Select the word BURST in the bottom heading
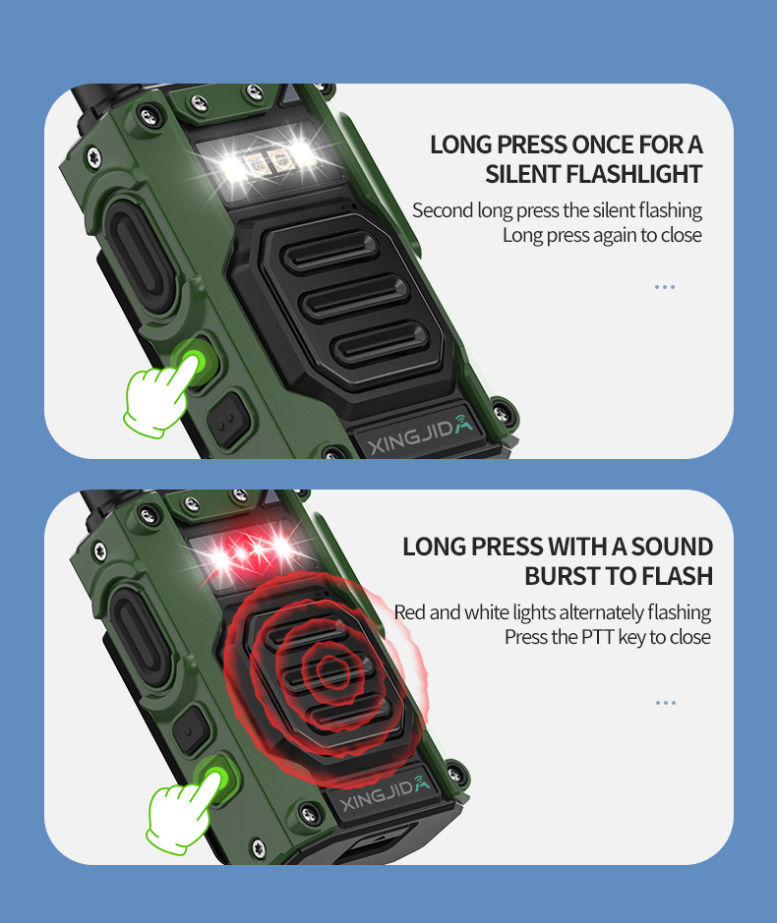(x=558, y=576)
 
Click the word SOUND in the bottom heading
(x=672, y=547)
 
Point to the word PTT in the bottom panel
(x=599, y=637)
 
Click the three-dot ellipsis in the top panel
(x=665, y=287)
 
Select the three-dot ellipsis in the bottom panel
(x=666, y=703)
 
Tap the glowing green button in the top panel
(x=195, y=359)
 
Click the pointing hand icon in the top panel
(x=159, y=397)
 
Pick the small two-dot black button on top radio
(x=228, y=419)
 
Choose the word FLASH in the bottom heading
(x=677, y=576)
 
